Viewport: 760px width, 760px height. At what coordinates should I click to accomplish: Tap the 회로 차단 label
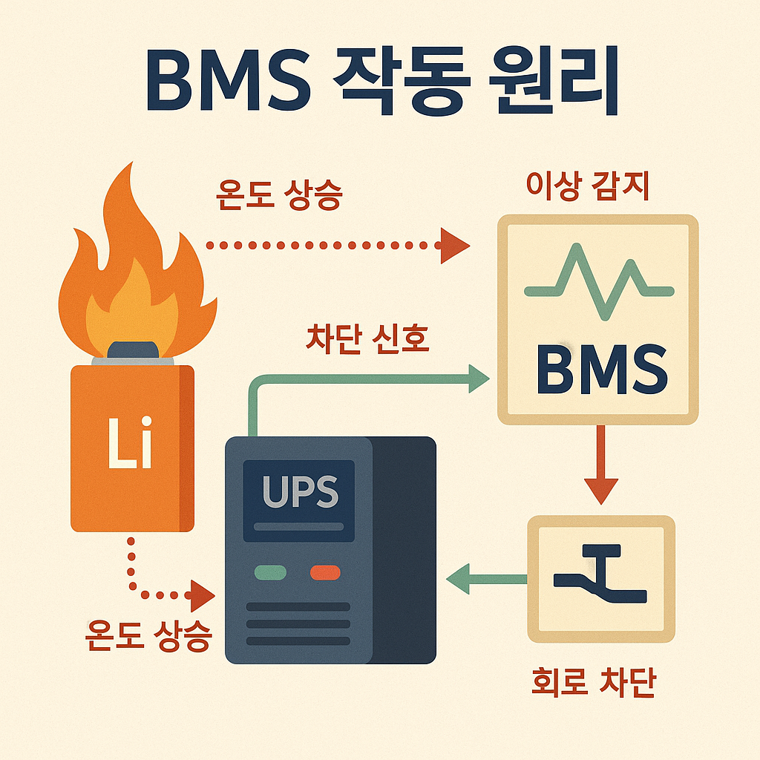click(x=594, y=684)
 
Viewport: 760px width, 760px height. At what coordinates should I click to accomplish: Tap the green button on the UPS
click(x=270, y=572)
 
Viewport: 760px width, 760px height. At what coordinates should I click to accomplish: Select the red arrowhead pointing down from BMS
click(x=600, y=491)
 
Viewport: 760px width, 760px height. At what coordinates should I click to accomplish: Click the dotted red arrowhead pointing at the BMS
click(x=454, y=245)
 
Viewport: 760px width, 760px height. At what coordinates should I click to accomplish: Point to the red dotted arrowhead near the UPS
click(x=201, y=594)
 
